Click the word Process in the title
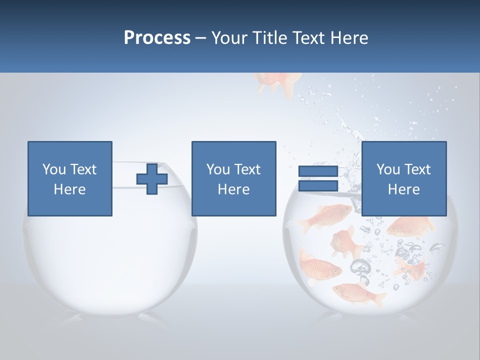click(x=157, y=38)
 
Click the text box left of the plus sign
click(x=70, y=178)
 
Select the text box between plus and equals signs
click(x=233, y=178)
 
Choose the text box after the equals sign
click(x=403, y=178)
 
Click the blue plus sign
click(x=152, y=179)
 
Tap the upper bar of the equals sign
click(x=318, y=171)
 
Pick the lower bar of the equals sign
click(x=318, y=186)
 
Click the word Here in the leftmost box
click(x=70, y=189)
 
